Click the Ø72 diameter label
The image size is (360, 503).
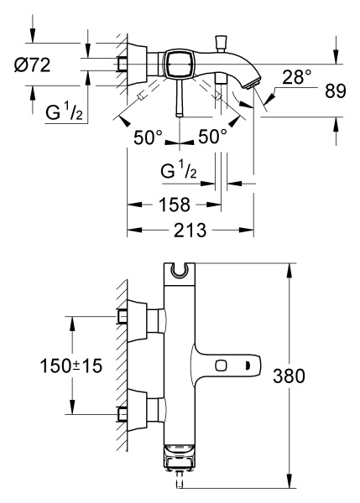pyautogui.click(x=33, y=65)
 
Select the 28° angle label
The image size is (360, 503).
pyautogui.click(x=297, y=77)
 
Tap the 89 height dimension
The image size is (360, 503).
pyautogui.click(x=336, y=91)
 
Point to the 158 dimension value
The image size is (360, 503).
pyautogui.click(x=175, y=205)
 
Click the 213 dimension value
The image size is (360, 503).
pyautogui.click(x=190, y=230)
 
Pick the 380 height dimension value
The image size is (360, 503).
pyautogui.click(x=289, y=376)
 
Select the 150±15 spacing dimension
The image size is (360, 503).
pyautogui.click(x=71, y=366)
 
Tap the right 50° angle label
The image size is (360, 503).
pyautogui.click(x=212, y=137)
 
